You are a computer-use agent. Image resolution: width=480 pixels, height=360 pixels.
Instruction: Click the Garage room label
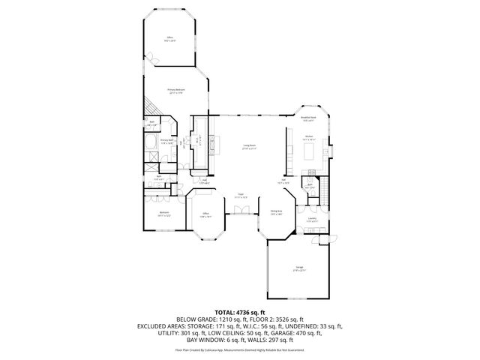tap(298, 269)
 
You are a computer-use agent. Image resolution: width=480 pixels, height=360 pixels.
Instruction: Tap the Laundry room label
tap(311, 220)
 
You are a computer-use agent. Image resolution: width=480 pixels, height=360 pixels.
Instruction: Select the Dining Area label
tap(276, 211)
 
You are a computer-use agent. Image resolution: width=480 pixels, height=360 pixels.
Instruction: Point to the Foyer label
tap(241, 196)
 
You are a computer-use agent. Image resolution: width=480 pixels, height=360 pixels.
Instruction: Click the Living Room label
tap(249, 148)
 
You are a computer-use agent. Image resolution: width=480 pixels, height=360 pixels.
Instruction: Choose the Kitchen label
tap(308, 138)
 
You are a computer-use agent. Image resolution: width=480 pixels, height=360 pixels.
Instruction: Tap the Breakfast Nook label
tap(307, 118)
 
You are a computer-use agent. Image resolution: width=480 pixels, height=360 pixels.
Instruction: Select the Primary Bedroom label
tap(177, 91)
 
